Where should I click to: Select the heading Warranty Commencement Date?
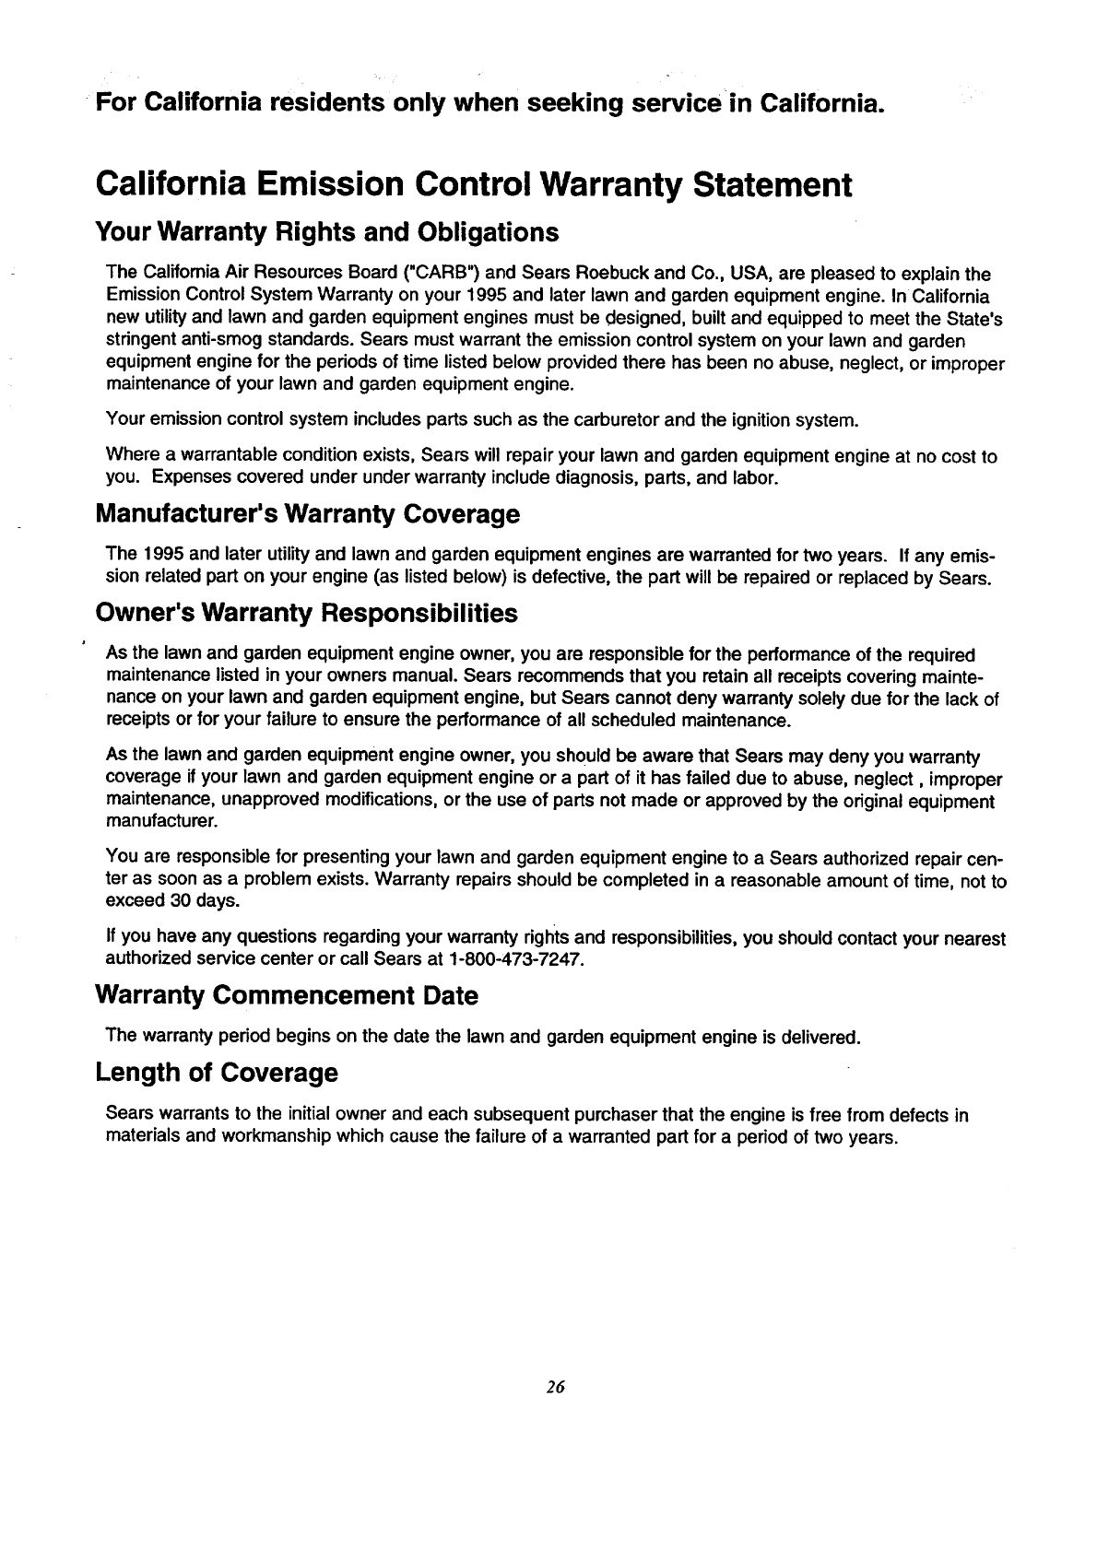tap(287, 996)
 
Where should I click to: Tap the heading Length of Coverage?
tap(217, 1074)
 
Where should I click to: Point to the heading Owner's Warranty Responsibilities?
tap(306, 614)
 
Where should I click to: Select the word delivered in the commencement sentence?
tap(819, 1037)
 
